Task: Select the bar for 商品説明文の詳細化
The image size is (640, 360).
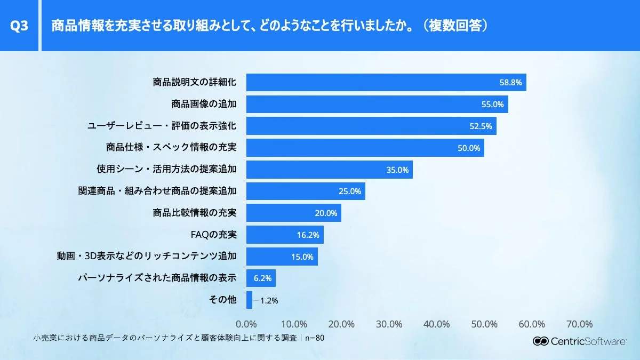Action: tap(386, 83)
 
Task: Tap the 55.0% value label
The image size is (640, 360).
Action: tap(492, 105)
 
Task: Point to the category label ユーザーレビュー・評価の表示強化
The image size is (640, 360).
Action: tap(162, 126)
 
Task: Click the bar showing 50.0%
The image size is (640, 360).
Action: tap(365, 148)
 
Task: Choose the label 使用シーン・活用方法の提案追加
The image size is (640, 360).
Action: tap(166, 170)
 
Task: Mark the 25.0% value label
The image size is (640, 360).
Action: tap(350, 191)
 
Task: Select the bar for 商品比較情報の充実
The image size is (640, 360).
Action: tap(293, 213)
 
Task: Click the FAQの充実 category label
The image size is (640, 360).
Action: tap(213, 235)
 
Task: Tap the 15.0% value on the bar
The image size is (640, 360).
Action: tap(302, 257)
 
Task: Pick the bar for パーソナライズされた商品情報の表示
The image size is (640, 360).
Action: tap(261, 278)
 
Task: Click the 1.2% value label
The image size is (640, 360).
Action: tap(269, 300)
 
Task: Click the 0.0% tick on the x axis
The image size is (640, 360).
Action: tap(246, 324)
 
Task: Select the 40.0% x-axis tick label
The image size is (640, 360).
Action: tap(436, 324)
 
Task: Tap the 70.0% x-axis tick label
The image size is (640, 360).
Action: tap(579, 324)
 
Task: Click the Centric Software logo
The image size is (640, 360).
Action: tap(580, 341)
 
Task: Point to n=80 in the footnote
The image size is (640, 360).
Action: tap(314, 338)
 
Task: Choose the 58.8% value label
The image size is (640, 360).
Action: tap(510, 83)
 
